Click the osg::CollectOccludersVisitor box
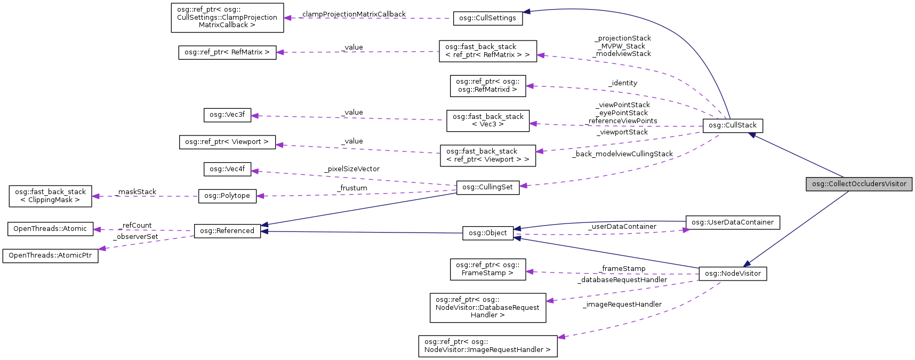[858, 184]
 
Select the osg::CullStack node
[733, 125]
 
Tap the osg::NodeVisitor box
[733, 274]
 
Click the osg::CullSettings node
[487, 18]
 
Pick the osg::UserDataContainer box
[732, 222]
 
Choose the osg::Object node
[487, 233]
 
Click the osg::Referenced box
[227, 231]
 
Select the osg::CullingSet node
[487, 187]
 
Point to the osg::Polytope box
[227, 196]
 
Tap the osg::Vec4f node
[227, 169]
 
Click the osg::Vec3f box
[227, 115]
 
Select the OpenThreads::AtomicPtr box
[50, 255]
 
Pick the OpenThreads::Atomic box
[50, 229]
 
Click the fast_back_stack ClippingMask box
[50, 196]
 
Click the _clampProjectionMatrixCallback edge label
[354, 14]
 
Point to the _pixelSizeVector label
[352, 169]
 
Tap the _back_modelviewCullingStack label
[623, 154]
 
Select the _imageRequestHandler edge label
[622, 305]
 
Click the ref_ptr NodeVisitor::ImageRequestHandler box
[487, 346]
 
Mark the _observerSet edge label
[136, 237]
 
